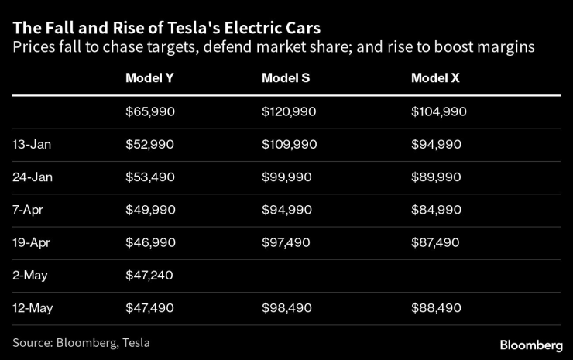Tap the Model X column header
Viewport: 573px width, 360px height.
435,77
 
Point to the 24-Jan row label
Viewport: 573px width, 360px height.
31,177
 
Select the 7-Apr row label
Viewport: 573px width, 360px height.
29,210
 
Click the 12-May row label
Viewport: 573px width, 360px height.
32,307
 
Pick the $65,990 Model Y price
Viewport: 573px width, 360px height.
150,111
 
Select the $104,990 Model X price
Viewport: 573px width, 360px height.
439,111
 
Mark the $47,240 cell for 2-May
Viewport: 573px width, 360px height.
150,275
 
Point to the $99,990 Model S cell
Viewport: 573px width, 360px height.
286,177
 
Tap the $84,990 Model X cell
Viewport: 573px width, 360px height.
436,210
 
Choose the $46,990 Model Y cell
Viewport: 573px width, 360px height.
150,242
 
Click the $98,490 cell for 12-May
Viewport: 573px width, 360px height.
286,307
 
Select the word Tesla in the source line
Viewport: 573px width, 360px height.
135,342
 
